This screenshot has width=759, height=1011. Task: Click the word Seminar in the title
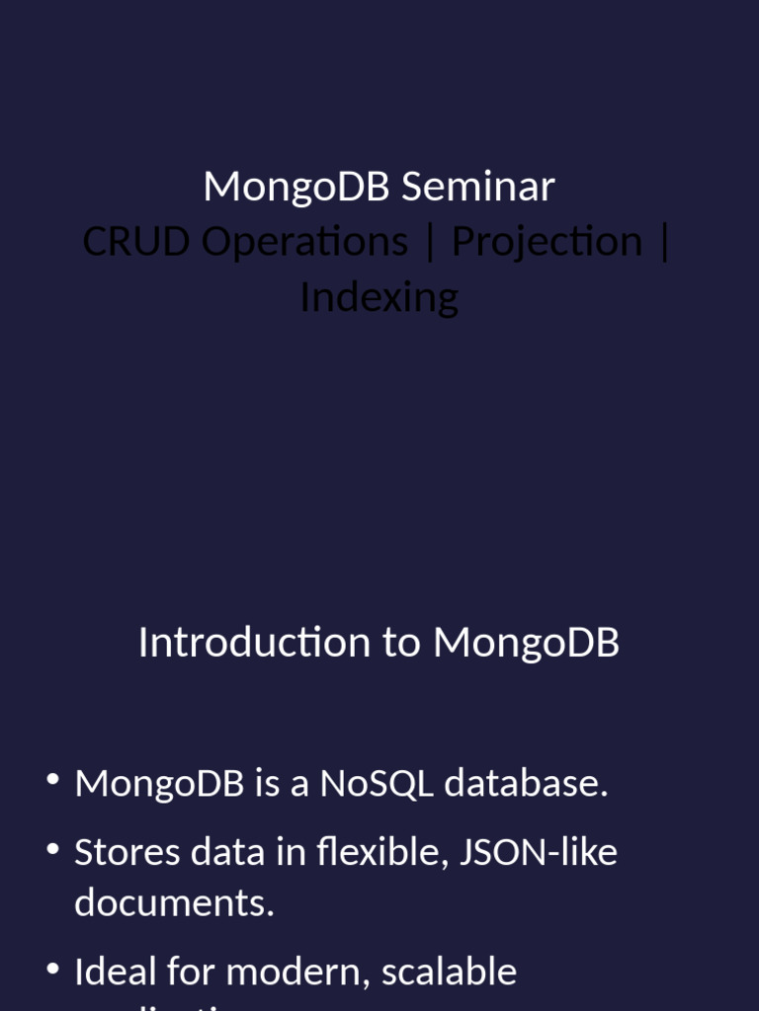point(477,187)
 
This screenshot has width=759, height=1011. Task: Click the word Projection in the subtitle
point(547,242)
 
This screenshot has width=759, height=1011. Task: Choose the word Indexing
point(379,297)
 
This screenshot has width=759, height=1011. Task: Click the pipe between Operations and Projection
point(429,242)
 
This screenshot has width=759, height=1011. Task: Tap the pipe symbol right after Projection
point(663,242)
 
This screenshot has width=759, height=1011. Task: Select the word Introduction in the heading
point(254,643)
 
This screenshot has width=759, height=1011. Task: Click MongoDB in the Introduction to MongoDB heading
point(526,643)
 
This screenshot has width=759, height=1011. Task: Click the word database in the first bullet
point(525,784)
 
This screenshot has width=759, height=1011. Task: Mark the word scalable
point(449,972)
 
